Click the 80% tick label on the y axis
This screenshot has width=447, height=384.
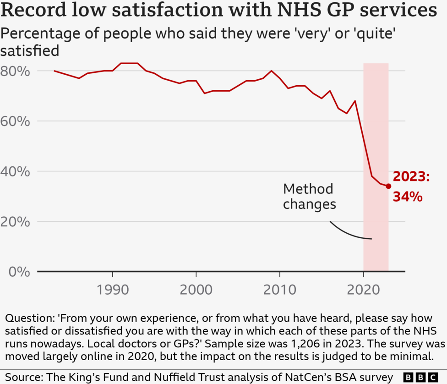(15, 71)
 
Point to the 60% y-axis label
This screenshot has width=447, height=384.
(15, 121)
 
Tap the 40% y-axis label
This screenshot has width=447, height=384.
(15, 171)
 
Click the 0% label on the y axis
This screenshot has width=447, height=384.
(19, 272)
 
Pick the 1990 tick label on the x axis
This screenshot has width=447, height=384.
(112, 291)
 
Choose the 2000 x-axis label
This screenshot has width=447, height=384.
(196, 291)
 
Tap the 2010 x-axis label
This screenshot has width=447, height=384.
(280, 291)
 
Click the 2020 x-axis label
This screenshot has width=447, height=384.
(363, 291)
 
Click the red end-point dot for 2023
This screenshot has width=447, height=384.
(388, 186)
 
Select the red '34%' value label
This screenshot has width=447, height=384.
(407, 197)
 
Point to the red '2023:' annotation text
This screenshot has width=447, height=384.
(411, 177)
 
